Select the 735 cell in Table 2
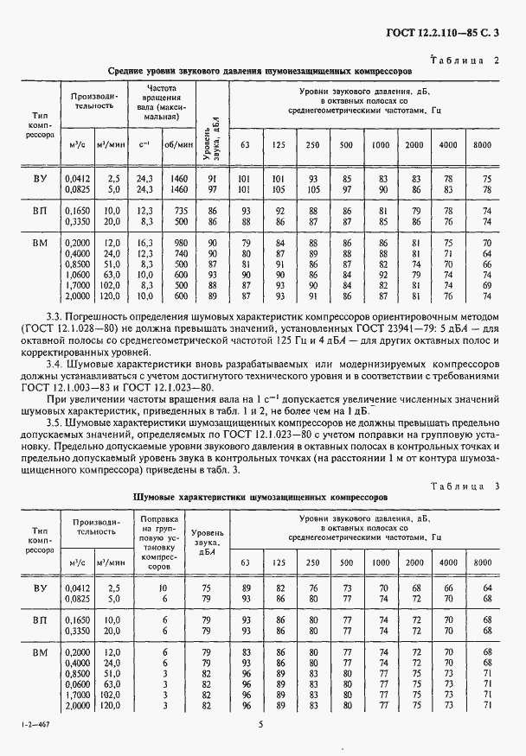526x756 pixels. click(x=180, y=211)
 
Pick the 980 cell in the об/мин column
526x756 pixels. click(x=180, y=244)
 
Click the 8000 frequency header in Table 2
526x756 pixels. click(x=482, y=143)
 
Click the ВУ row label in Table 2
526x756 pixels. click(x=40, y=178)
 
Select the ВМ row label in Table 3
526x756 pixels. click(x=40, y=651)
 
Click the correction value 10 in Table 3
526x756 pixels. click(x=161, y=587)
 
